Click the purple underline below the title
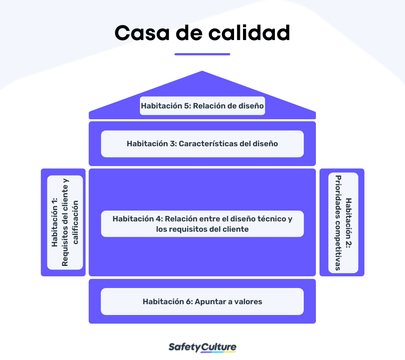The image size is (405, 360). tap(202, 54)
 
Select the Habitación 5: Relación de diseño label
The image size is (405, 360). tap(202, 106)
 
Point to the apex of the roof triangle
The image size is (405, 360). tap(202, 72)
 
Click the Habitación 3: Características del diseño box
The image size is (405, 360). tap(202, 144)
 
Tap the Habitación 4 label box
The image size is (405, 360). tap(202, 224)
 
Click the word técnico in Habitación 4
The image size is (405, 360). tap(271, 219)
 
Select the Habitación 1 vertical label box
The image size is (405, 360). tap(65, 222)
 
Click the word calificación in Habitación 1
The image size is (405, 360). tap(75, 222)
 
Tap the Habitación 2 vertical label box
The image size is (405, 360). tap(343, 222)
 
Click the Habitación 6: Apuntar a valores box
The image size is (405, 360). tap(202, 301)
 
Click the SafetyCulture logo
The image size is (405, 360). tap(202, 347)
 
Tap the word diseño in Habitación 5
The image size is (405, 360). tap(252, 106)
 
